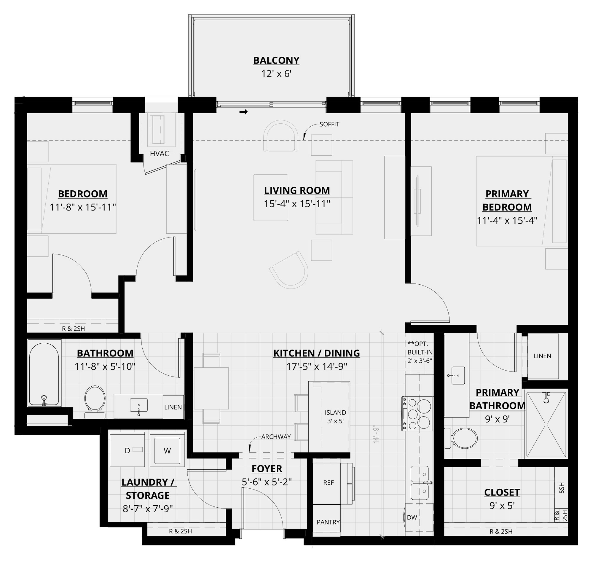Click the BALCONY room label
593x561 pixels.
click(276, 60)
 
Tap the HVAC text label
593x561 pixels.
click(160, 154)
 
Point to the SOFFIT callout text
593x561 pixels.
click(329, 124)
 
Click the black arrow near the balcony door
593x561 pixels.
click(244, 112)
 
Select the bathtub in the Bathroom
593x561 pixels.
click(44, 374)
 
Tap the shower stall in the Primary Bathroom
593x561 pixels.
click(546, 425)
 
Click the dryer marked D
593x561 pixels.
click(127, 450)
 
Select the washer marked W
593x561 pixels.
click(167, 450)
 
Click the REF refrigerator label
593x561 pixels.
click(328, 483)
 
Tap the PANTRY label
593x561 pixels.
click(328, 522)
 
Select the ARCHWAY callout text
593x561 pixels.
click(276, 436)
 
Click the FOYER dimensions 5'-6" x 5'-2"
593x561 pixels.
click(267, 482)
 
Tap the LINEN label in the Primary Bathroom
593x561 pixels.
click(542, 356)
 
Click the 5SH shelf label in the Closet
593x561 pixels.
click(561, 488)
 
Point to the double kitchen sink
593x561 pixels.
click(420, 483)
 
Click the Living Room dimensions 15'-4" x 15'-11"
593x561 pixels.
click(297, 204)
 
